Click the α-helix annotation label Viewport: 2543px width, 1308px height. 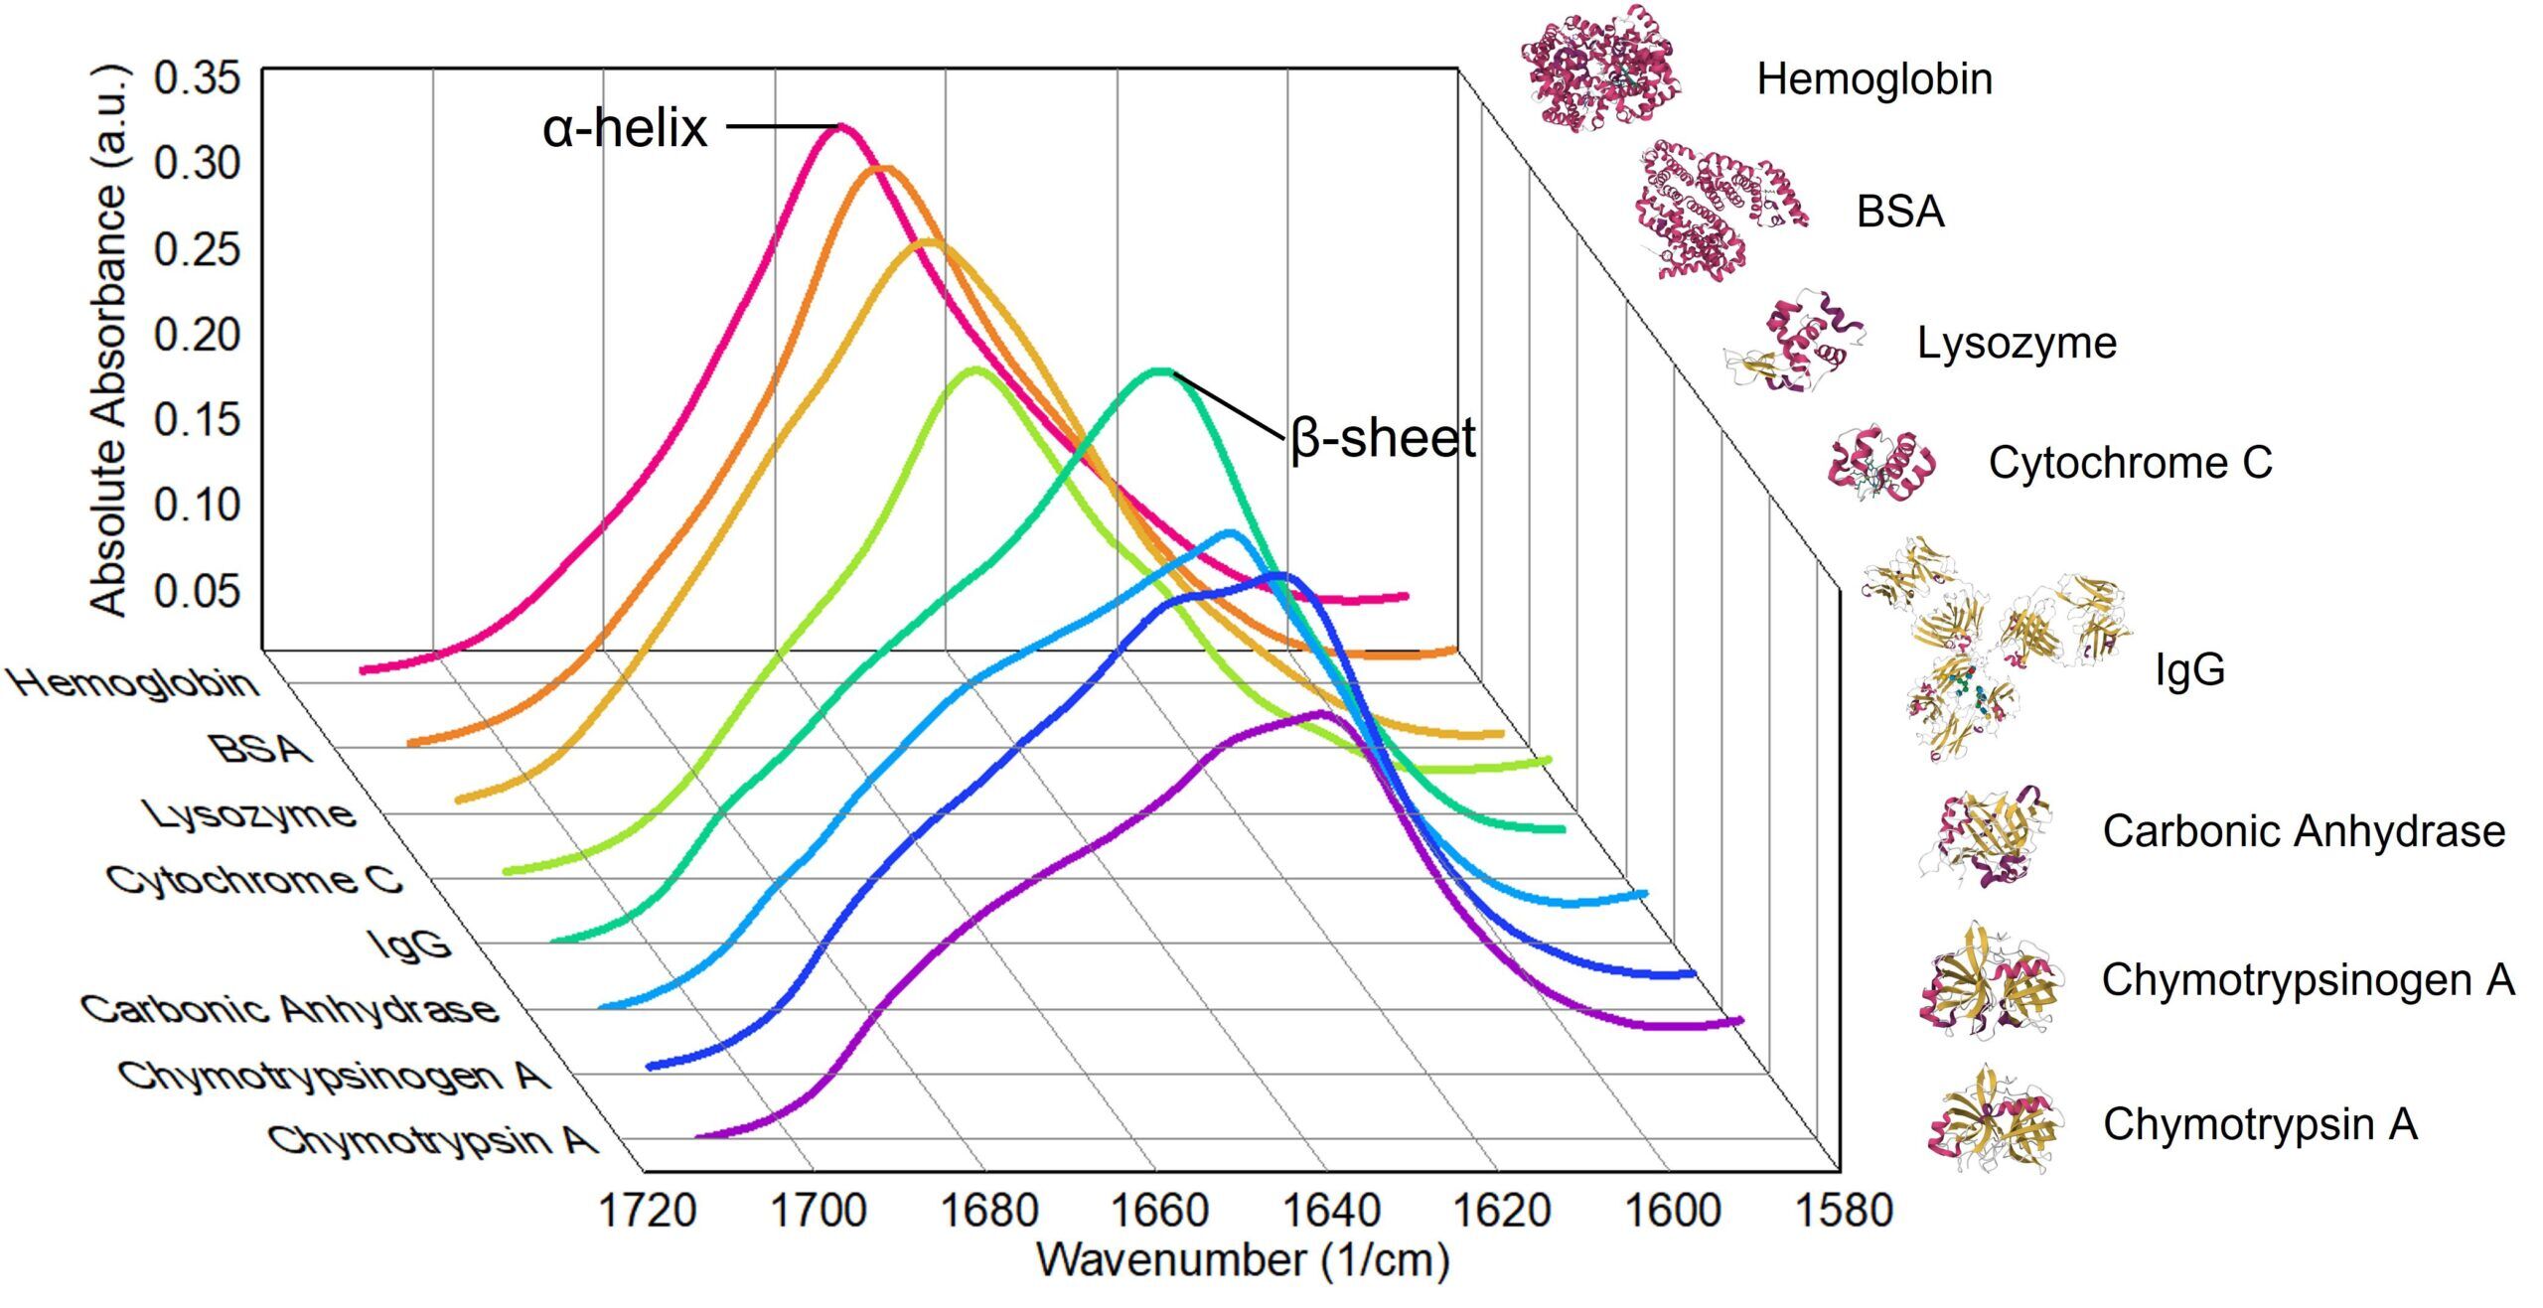click(x=625, y=128)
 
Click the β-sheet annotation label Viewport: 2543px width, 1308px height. click(x=1382, y=438)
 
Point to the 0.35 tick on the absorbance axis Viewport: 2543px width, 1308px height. click(x=197, y=77)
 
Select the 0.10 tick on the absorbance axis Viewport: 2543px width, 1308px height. click(x=197, y=506)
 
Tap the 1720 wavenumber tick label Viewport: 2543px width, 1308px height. click(x=647, y=1211)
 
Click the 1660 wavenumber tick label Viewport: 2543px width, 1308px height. click(x=1158, y=1211)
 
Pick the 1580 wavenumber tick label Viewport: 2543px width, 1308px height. click(x=1844, y=1211)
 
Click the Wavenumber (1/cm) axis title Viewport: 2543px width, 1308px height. click(x=1243, y=1260)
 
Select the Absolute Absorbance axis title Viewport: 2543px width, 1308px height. click(x=109, y=341)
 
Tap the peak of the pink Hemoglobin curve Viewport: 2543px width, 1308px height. click(x=842, y=126)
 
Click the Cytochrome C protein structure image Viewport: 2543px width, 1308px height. click(x=1880, y=464)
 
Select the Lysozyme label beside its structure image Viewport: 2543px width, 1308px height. click(x=2017, y=344)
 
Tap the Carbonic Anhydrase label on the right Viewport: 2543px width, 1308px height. click(x=2304, y=831)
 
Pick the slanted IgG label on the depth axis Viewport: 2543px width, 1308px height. click(x=410, y=945)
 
